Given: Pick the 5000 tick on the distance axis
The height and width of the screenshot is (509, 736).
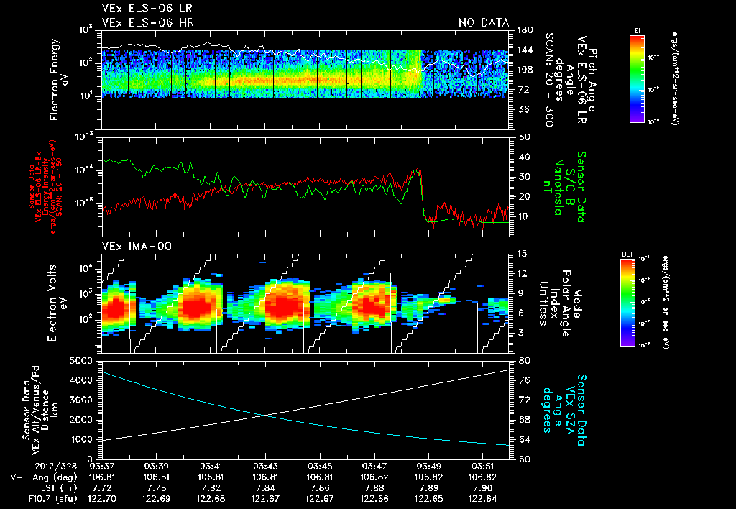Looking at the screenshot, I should click(83, 359).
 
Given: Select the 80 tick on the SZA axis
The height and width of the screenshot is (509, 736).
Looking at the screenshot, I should click(525, 359).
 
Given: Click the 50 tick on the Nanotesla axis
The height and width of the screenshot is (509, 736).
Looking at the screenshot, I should click(523, 137).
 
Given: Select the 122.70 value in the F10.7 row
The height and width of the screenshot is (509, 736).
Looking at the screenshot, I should click(102, 497).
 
